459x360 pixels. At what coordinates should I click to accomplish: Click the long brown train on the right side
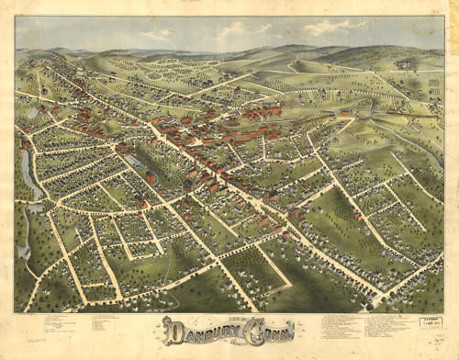(x=418, y=118)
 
